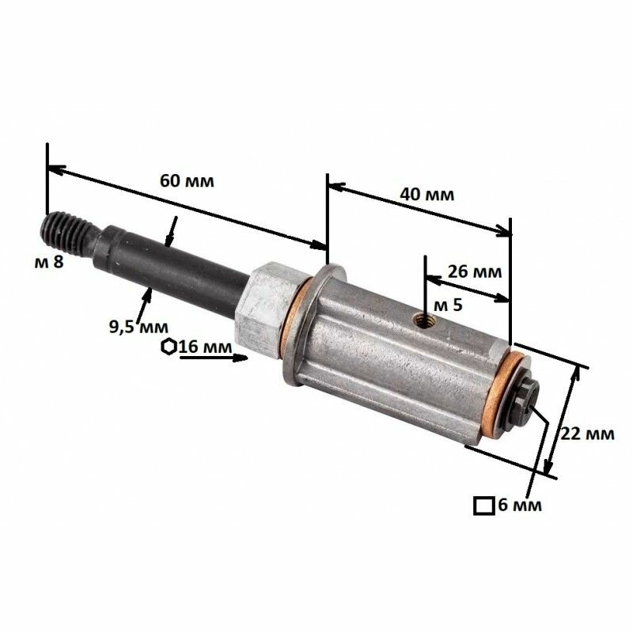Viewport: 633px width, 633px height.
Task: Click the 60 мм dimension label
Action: pos(187,181)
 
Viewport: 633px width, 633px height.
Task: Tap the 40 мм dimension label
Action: pos(427,195)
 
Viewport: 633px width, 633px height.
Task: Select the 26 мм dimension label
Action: pos(475,271)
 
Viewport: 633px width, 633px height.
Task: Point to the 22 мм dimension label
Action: pos(587,434)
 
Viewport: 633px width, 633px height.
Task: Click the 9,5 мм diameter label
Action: pos(139,326)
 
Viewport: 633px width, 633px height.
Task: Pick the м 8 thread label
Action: pos(49,263)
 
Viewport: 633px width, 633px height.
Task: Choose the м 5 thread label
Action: pos(447,305)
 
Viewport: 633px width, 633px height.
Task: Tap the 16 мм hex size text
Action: pos(206,347)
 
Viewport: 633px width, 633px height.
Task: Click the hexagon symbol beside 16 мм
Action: pos(169,347)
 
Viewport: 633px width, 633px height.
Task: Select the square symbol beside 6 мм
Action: pos(484,506)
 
